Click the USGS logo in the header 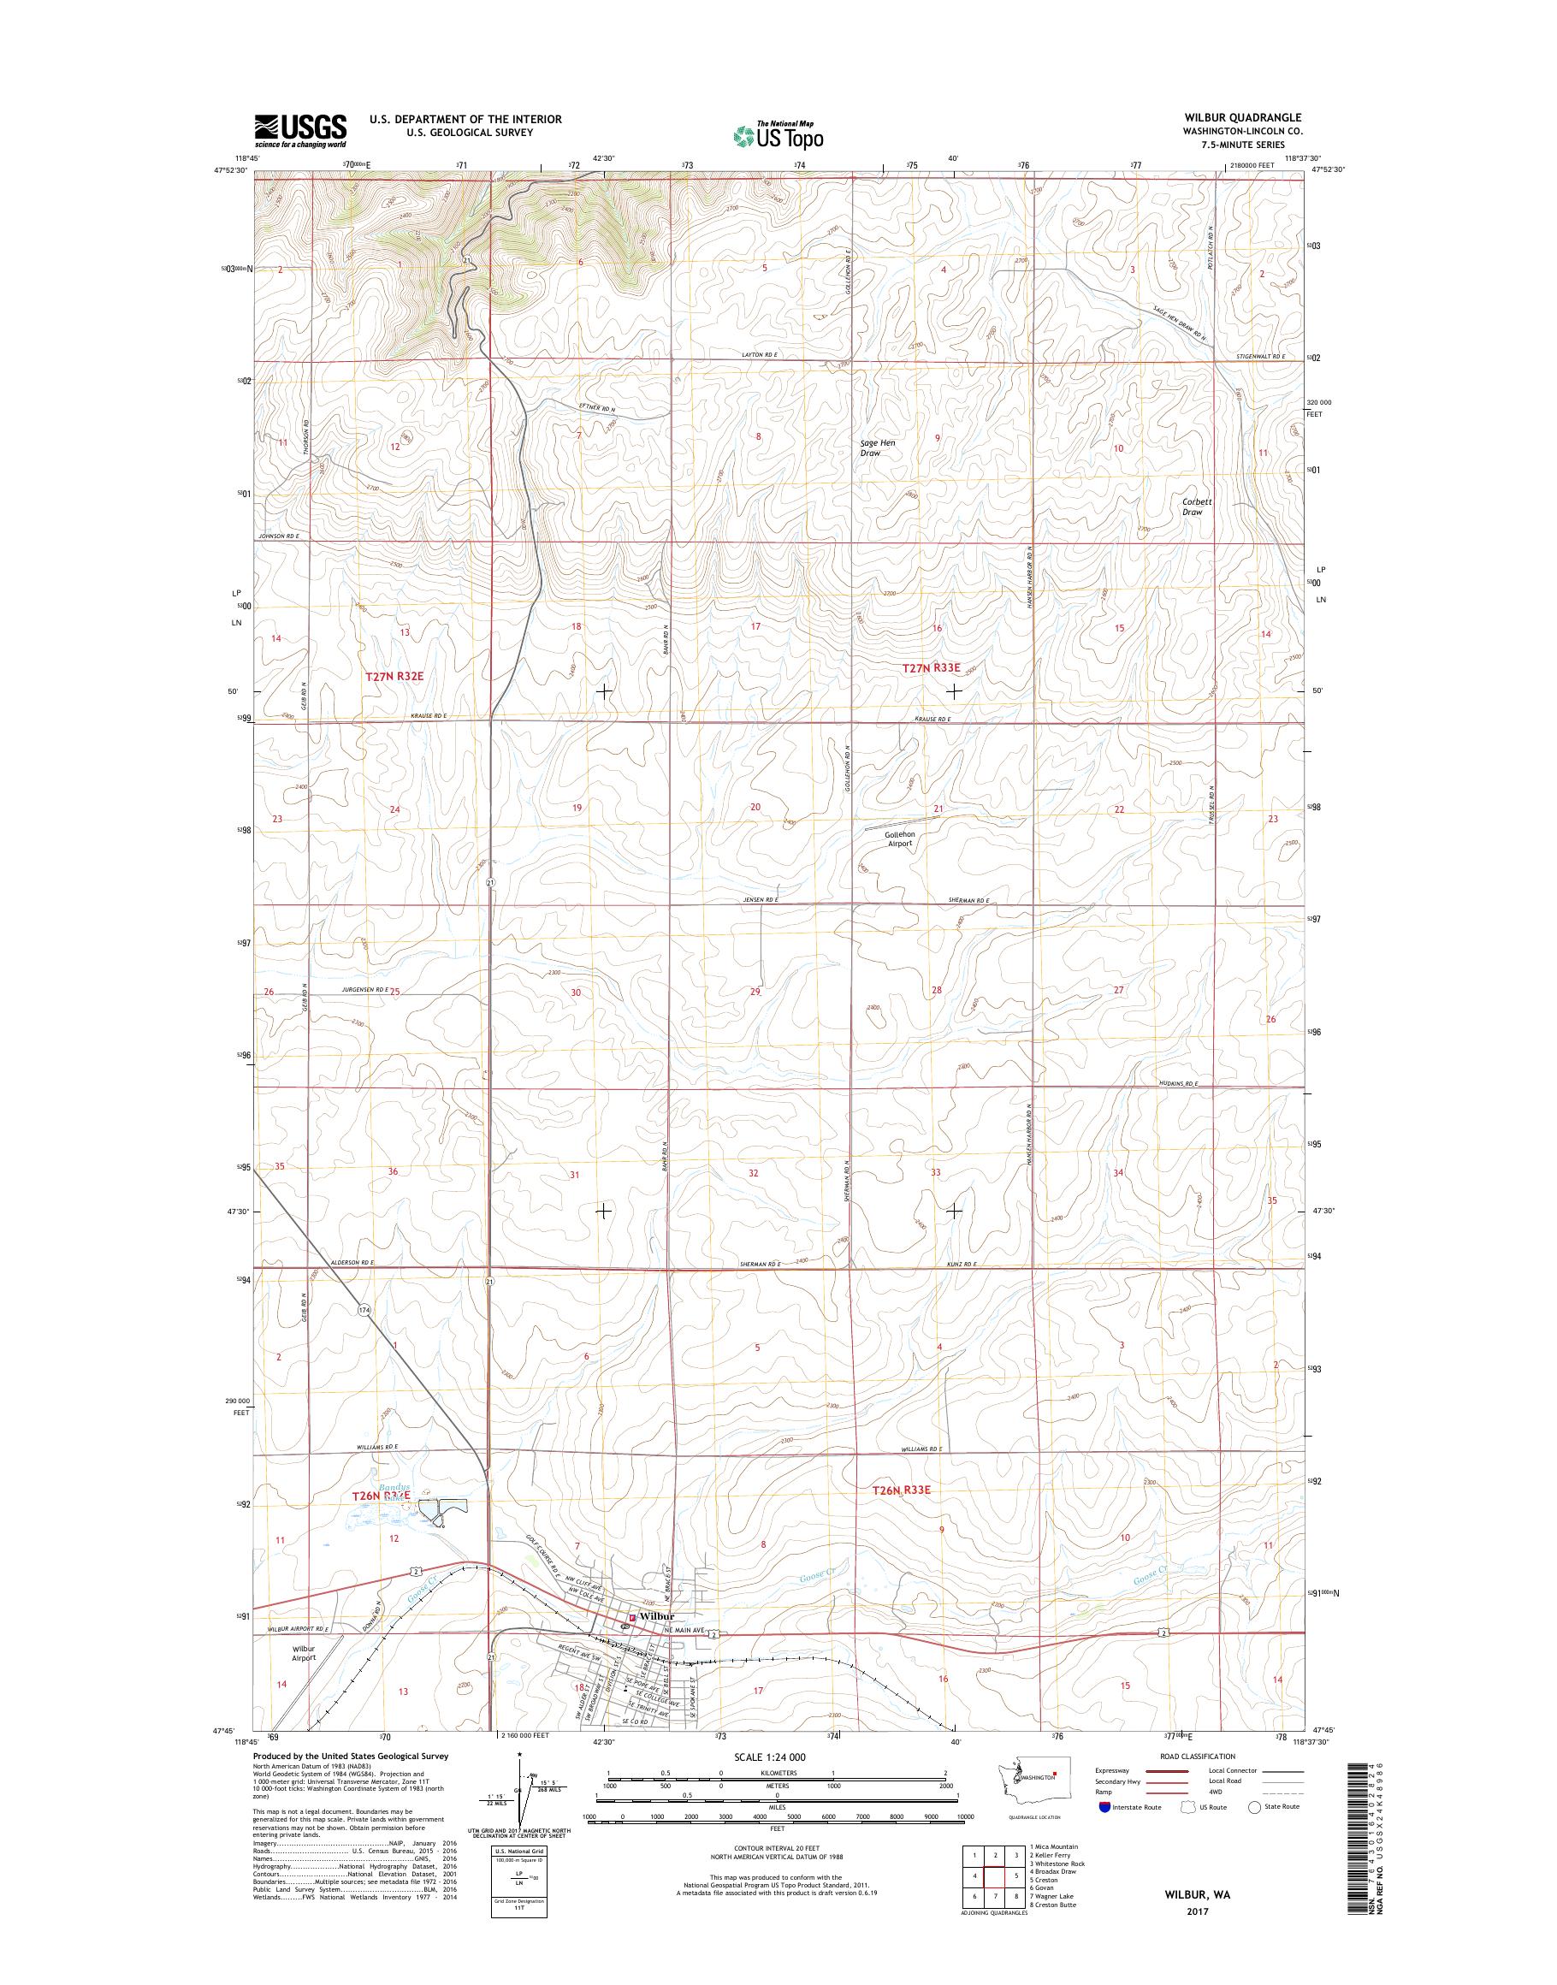tap(300, 130)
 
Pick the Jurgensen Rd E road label tap(364, 989)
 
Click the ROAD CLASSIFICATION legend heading tap(1198, 1757)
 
